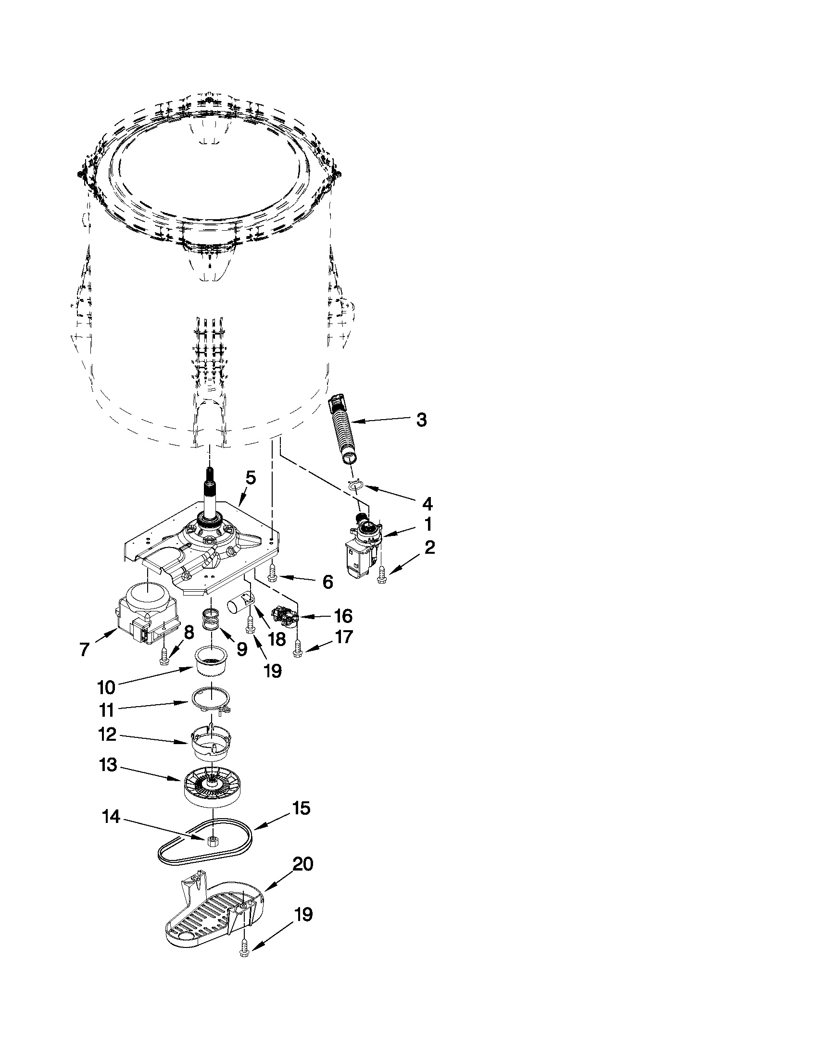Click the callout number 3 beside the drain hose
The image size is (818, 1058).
pos(421,420)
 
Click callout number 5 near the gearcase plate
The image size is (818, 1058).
pos(250,478)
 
